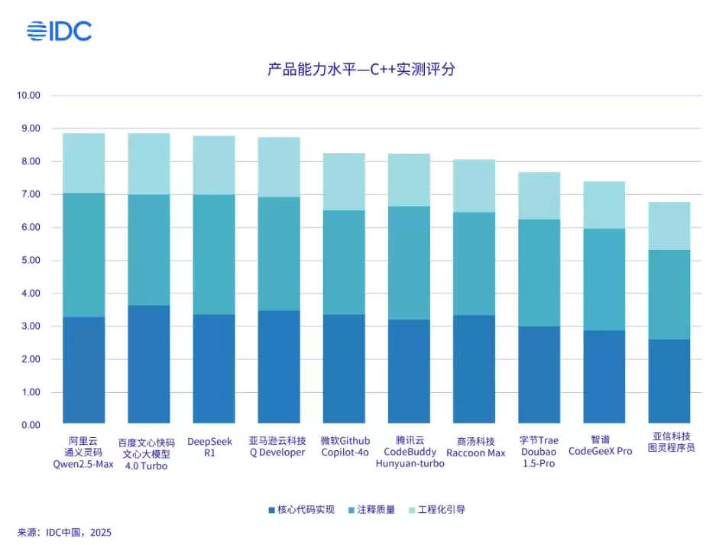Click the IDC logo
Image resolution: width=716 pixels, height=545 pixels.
pyautogui.click(x=59, y=31)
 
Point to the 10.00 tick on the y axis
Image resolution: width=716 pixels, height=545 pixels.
pyautogui.click(x=28, y=96)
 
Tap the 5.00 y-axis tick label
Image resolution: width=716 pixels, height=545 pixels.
pyautogui.click(x=28, y=261)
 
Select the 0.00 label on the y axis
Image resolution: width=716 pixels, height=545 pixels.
pyautogui.click(x=28, y=425)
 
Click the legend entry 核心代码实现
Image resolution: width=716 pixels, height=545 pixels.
pyautogui.click(x=301, y=509)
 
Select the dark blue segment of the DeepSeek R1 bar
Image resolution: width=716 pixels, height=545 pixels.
pyautogui.click(x=213, y=369)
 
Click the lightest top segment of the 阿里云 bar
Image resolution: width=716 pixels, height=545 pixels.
pyautogui.click(x=83, y=163)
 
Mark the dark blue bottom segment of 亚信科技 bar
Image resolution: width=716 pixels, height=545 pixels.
pyautogui.click(x=669, y=381)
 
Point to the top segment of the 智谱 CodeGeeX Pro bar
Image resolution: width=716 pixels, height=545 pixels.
pyautogui.click(x=604, y=205)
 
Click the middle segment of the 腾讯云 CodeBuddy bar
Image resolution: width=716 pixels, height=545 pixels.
pyautogui.click(x=409, y=263)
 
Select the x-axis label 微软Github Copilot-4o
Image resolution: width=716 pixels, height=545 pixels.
pyautogui.click(x=344, y=446)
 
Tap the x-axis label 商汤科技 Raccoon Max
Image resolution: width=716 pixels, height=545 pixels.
pyautogui.click(x=475, y=446)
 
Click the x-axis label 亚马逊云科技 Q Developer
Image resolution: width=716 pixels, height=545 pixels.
pyautogui.click(x=278, y=446)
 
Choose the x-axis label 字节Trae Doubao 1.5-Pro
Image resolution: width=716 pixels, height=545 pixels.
pyautogui.click(x=539, y=452)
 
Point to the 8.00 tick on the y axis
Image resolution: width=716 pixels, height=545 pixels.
pyautogui.click(x=28, y=161)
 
